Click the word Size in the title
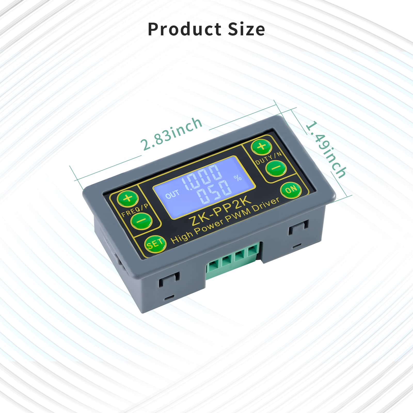pyautogui.click(x=246, y=29)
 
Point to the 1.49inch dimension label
pyautogui.click(x=326, y=150)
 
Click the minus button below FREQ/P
pyautogui.click(x=141, y=221)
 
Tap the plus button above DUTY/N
pyautogui.click(x=262, y=146)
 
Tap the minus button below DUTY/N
pyautogui.click(x=276, y=168)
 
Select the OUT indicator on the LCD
pyautogui.click(x=172, y=194)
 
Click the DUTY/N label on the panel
pyautogui.click(x=268, y=158)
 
